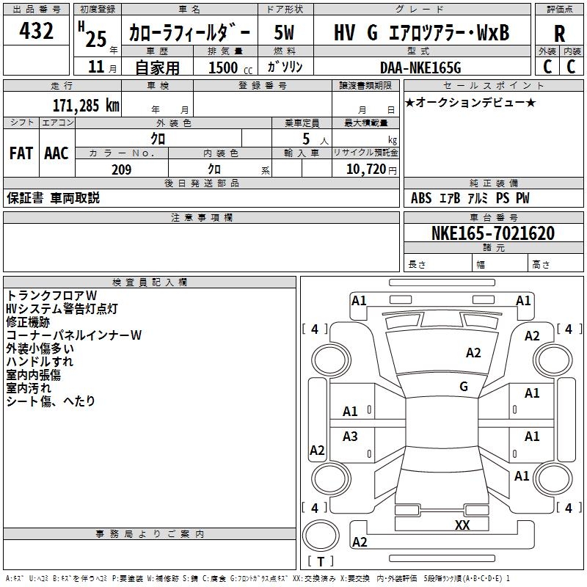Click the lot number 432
tap(37, 32)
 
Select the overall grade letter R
tap(559, 33)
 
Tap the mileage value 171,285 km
tap(86, 105)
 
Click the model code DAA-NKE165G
tap(420, 68)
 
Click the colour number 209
tap(121, 169)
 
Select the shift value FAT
tap(21, 153)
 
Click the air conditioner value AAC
tap(56, 153)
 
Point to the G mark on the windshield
tap(464, 387)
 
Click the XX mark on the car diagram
tap(462, 525)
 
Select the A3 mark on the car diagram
tap(351, 437)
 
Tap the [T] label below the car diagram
tap(320, 561)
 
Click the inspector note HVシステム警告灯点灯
tap(61, 308)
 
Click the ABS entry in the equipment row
tap(421, 198)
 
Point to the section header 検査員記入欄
tap(150, 282)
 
